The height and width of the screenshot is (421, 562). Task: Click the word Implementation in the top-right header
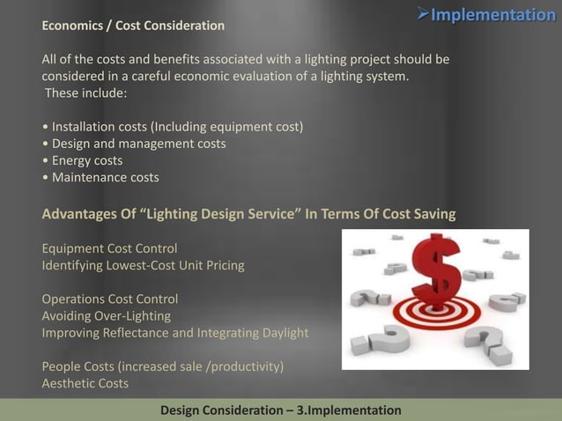click(x=492, y=15)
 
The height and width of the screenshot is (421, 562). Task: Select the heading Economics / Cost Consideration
click(x=133, y=26)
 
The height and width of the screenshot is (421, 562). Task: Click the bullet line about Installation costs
click(x=173, y=127)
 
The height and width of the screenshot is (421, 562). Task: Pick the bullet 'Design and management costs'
click(x=134, y=144)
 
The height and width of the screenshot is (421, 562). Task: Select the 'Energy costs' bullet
click(x=83, y=160)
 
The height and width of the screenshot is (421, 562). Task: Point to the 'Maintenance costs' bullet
click(x=100, y=177)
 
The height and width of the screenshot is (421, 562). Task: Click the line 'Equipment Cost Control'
click(x=109, y=248)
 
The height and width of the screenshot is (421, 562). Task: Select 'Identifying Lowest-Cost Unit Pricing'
click(x=143, y=265)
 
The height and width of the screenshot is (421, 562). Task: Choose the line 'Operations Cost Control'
click(x=110, y=299)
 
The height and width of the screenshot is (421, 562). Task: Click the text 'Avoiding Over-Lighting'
click(x=106, y=315)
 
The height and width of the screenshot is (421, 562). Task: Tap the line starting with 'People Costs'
click(x=163, y=366)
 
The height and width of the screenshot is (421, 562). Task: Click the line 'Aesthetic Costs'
click(x=85, y=383)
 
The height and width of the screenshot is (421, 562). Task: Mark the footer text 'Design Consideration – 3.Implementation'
click(x=280, y=410)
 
